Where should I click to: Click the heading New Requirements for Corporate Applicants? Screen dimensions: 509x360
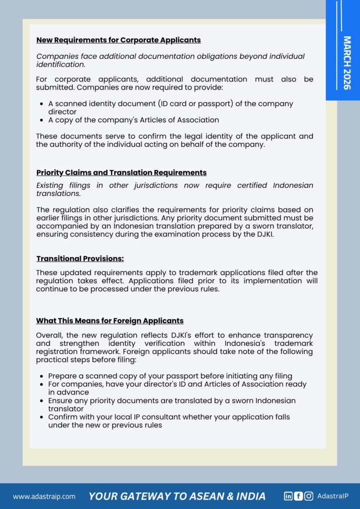[118, 40]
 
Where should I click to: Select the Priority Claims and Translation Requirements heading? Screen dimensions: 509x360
[121, 172]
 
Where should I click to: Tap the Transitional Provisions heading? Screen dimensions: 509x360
[80, 258]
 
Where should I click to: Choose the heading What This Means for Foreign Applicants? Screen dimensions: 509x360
[110, 321]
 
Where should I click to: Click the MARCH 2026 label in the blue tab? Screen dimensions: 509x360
[347, 63]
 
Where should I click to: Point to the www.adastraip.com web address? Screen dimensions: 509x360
[44, 496]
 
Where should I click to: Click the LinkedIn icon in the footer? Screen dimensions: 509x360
[288, 496]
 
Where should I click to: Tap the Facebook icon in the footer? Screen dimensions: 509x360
[298, 496]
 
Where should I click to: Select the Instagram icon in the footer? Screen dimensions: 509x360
[309, 496]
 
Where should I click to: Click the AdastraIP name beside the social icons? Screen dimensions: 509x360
[333, 496]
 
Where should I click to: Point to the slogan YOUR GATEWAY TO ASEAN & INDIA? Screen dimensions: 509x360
[177, 496]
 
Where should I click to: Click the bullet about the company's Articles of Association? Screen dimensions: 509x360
[133, 120]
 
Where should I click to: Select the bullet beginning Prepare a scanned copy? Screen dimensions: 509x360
[170, 376]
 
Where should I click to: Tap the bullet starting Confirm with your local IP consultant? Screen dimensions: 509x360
[169, 421]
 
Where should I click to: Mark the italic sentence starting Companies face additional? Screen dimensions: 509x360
[170, 60]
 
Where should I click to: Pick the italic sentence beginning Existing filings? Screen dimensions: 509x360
[175, 189]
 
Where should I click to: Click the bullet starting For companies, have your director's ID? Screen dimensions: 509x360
[177, 388]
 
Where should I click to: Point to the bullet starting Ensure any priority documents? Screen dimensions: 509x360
[172, 405]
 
